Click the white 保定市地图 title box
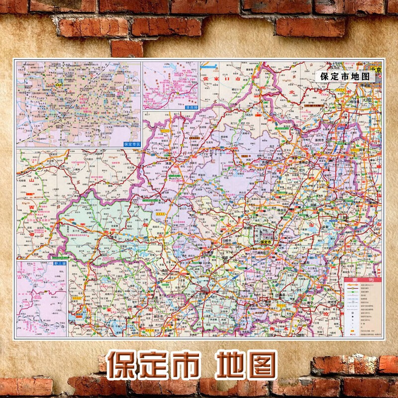point(345,77)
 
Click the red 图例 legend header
point(362,280)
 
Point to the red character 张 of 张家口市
point(203,79)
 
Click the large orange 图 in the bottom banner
point(259,366)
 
